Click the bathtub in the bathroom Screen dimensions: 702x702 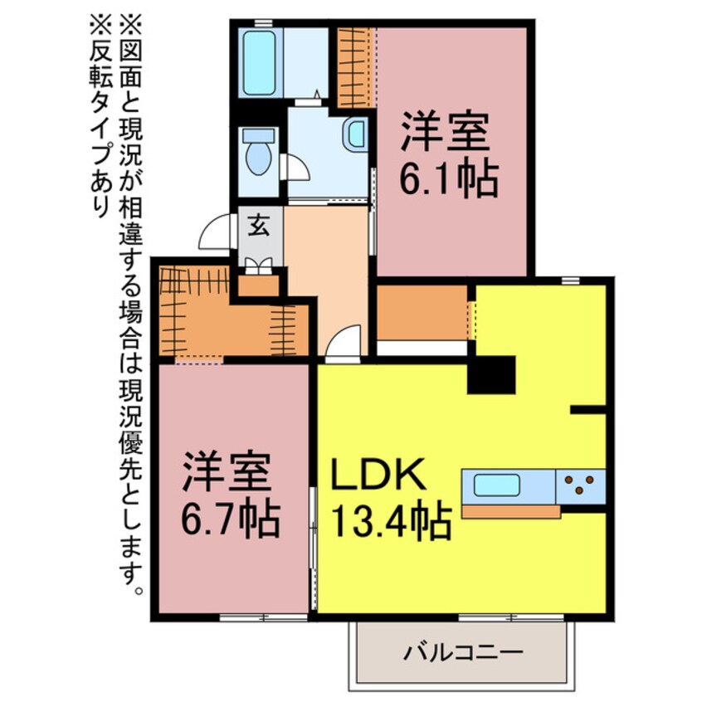coord(260,62)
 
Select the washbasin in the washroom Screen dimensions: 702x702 coord(356,133)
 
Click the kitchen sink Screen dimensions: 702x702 coord(497,485)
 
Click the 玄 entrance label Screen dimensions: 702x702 coord(258,226)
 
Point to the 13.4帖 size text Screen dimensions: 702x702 coord(391,523)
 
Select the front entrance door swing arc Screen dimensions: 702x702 coord(214,230)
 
